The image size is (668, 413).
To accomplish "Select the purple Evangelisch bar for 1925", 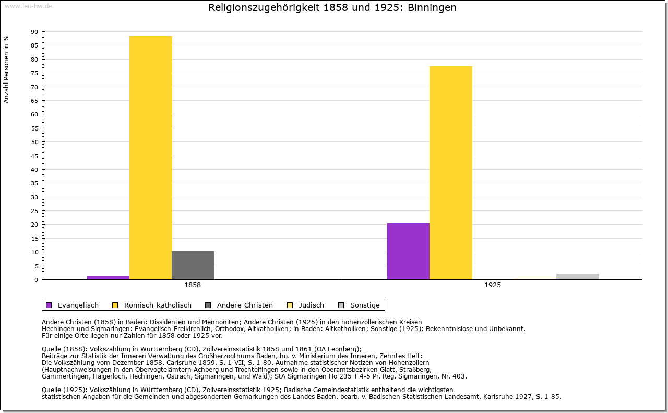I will (x=408, y=251).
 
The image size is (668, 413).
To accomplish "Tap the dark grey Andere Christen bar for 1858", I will (x=193, y=265).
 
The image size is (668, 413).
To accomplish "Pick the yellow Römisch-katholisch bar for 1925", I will (x=450, y=173).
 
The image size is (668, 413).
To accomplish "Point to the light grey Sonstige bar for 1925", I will (x=577, y=276).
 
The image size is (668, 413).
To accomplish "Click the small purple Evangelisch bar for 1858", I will (x=108, y=277).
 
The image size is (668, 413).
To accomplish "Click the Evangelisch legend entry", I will (x=78, y=305).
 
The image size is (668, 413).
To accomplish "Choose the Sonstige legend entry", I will (x=364, y=305).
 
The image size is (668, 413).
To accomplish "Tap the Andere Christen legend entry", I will (x=244, y=305).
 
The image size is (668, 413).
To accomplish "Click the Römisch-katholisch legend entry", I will (x=157, y=305).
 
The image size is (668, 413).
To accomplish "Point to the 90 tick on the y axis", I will (x=34, y=32).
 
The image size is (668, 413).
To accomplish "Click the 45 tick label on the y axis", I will (x=34, y=156).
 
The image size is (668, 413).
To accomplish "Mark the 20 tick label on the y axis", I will (x=34, y=225).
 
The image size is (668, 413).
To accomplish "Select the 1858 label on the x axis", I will (x=193, y=286).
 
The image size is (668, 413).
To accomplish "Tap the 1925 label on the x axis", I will (x=493, y=286).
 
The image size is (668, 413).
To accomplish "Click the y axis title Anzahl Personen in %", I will (x=6, y=69).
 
